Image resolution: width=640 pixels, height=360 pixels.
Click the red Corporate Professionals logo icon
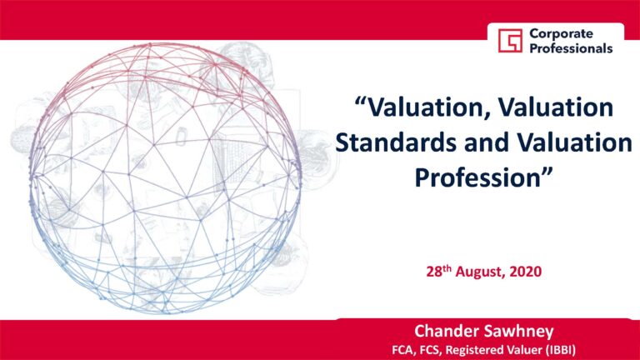(x=510, y=40)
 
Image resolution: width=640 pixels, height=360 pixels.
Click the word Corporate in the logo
(x=561, y=33)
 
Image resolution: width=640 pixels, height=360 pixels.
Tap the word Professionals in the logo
(x=571, y=48)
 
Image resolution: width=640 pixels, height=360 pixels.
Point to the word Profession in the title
(x=478, y=177)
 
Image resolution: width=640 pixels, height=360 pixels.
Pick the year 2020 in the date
(x=526, y=272)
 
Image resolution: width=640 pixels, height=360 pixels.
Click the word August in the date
(x=480, y=272)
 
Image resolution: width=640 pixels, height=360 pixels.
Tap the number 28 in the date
(x=434, y=272)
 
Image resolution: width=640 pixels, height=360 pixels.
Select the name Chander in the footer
(x=442, y=331)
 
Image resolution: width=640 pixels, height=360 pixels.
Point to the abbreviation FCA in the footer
(x=402, y=350)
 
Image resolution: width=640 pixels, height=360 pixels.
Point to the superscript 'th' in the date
(x=447, y=268)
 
